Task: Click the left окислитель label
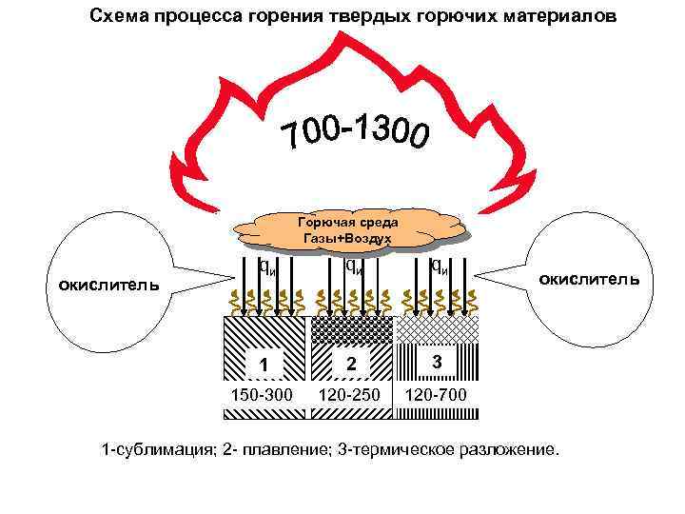[x=98, y=284]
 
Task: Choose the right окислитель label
[x=596, y=279]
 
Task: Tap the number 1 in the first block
[x=266, y=366]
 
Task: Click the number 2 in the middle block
[x=350, y=364]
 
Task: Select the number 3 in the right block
[x=436, y=363]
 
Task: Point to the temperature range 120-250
[x=349, y=394]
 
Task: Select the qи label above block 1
[x=268, y=267]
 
